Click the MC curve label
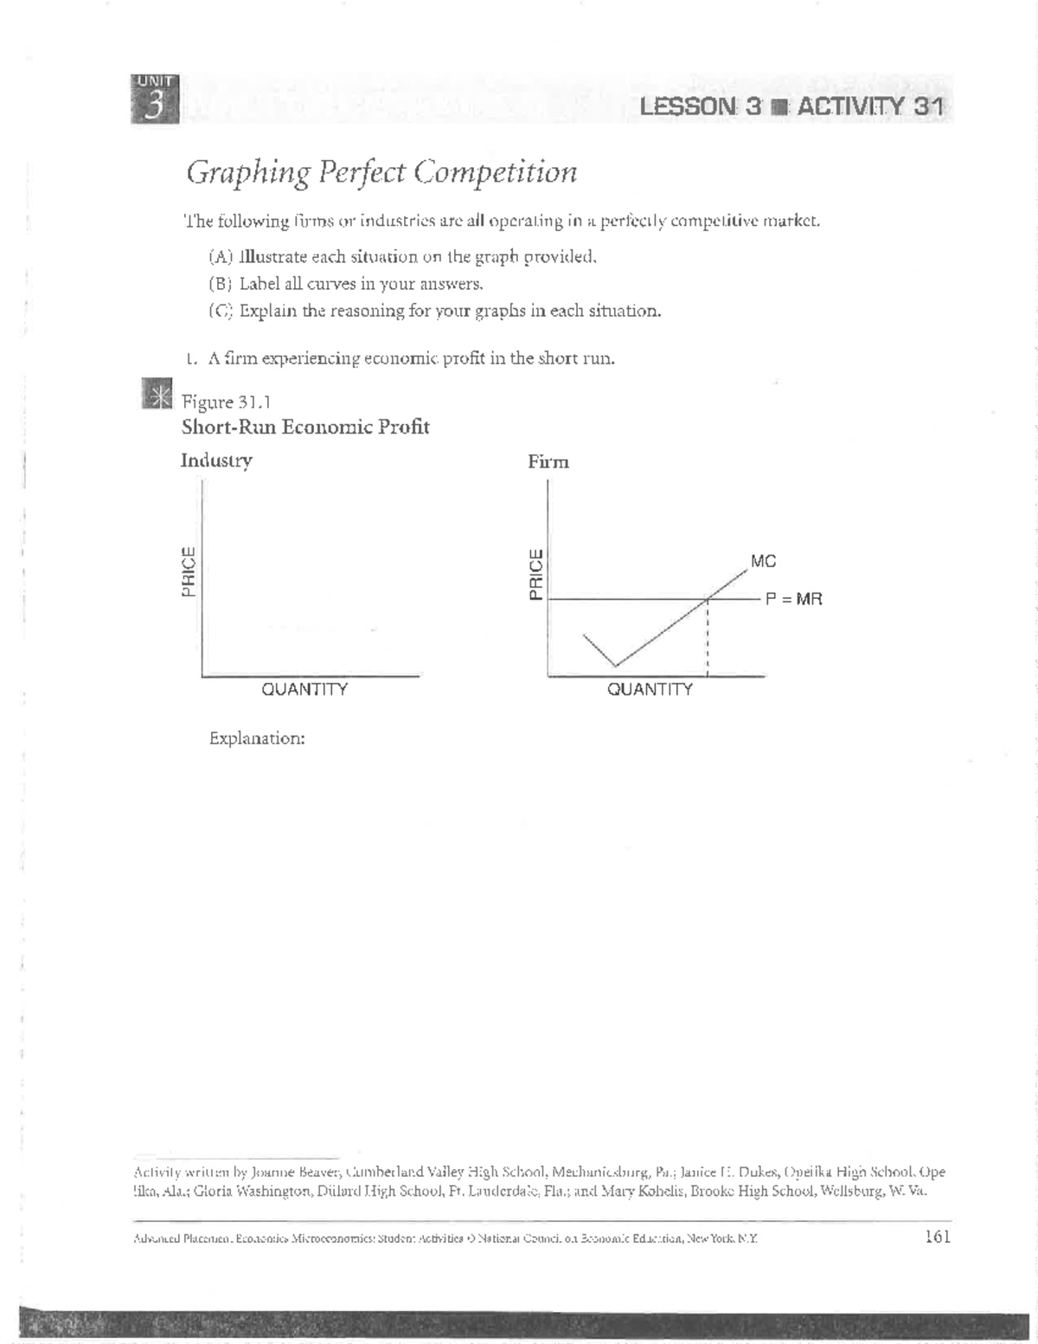[763, 562]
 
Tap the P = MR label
[793, 598]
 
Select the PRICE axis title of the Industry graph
[188, 572]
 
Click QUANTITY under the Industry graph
[304, 690]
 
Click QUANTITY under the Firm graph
[650, 690]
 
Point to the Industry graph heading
[216, 460]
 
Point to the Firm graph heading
[548, 462]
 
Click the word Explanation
[257, 739]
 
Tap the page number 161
[938, 1237]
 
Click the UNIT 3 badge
[155, 99]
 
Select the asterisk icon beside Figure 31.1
[157, 395]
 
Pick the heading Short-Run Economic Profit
[305, 427]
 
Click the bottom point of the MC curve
[615, 666]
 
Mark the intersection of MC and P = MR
[708, 599]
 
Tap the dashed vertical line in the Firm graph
[708, 640]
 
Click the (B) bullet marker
[221, 284]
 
